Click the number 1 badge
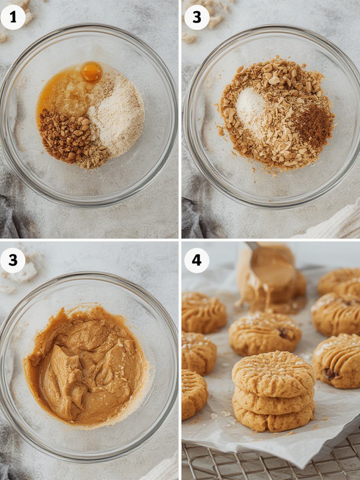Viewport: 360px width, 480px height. [13, 17]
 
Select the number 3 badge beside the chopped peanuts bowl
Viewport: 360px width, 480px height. [197, 17]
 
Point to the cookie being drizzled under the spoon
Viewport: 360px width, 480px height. [273, 293]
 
